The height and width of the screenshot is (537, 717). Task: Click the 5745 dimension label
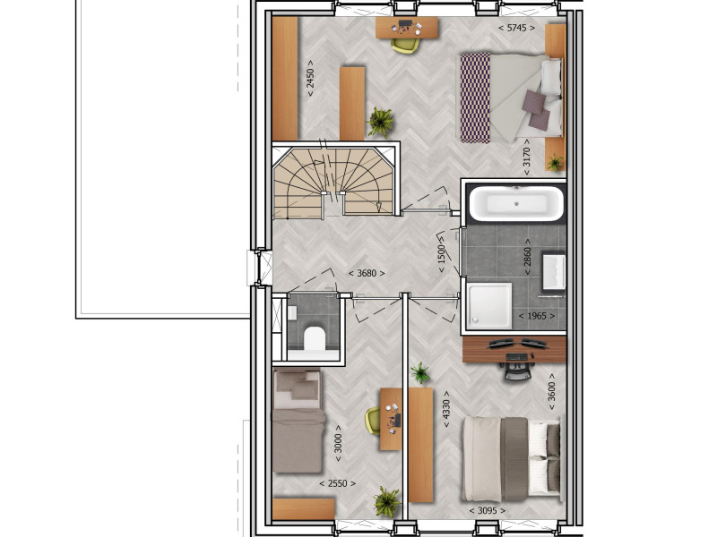point(516,28)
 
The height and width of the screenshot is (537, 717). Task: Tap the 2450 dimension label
point(310,78)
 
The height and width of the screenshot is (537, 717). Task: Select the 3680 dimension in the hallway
point(367,273)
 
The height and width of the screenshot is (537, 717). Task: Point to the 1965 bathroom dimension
point(537,316)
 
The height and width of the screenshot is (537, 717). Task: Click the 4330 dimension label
point(446,409)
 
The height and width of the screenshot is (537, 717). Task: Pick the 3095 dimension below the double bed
point(488,510)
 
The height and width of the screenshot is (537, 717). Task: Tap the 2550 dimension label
point(338,483)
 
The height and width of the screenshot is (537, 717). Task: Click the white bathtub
point(516,203)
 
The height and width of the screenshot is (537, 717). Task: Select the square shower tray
point(489,305)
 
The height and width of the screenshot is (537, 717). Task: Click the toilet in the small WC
point(315,338)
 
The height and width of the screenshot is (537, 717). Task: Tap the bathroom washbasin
point(554,272)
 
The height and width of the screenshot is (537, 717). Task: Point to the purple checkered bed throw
point(475,98)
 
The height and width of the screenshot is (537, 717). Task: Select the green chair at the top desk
point(405,45)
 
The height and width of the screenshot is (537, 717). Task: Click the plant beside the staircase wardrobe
point(380,122)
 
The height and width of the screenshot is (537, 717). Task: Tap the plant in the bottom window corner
point(387,501)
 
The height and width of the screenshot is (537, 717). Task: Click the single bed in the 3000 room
point(298,422)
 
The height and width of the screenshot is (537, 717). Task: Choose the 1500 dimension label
point(441,259)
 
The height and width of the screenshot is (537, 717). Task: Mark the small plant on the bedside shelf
point(555,163)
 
